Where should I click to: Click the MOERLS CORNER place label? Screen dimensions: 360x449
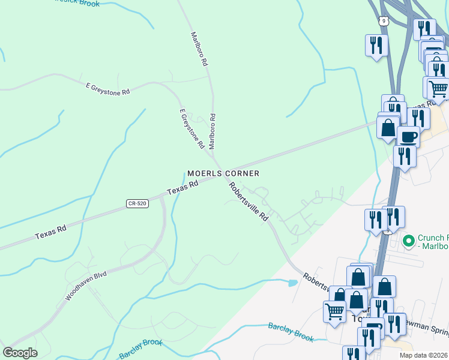pos(223,173)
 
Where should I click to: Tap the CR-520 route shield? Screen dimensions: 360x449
pos(137,204)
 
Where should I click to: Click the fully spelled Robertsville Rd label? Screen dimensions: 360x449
pos(248,201)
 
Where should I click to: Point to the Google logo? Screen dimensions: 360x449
pos(20,353)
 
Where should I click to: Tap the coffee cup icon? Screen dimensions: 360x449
pos(408,136)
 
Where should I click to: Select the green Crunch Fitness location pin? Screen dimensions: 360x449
pos(409,241)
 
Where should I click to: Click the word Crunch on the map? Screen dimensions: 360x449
pos(430,237)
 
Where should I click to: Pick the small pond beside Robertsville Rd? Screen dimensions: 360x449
pos(293,282)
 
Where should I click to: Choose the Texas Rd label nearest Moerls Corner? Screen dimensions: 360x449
pos(182,188)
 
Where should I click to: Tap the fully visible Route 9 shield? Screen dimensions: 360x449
pos(384,21)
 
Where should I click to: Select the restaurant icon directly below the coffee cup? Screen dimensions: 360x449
pos(405,156)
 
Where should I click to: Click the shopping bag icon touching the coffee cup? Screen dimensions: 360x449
pos(388,127)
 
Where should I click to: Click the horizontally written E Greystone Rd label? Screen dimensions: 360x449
pos(108,89)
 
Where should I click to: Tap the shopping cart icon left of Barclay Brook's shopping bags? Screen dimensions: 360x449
pos(334,311)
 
